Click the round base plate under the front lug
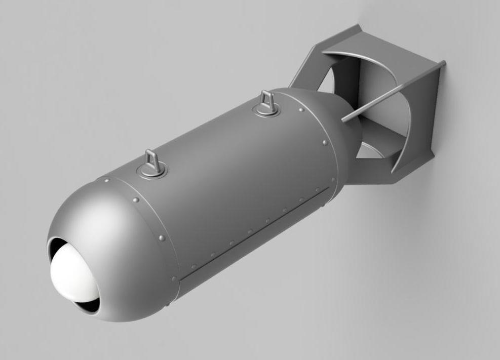[x=153, y=172]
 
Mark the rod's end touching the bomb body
[x=344, y=119]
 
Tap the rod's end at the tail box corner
[x=443, y=63]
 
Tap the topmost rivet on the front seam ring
[x=107, y=179]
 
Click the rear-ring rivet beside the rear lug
[x=302, y=109]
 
